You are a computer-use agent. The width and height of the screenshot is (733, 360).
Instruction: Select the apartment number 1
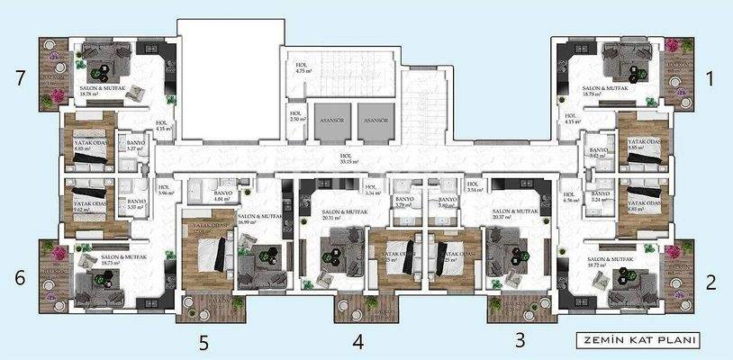(710, 79)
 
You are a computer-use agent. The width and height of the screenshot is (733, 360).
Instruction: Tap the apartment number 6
(19, 278)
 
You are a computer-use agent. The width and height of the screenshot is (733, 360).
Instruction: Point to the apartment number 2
(710, 283)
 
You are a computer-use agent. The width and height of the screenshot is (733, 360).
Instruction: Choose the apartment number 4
(358, 341)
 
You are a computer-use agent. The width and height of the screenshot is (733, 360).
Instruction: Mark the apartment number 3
(519, 339)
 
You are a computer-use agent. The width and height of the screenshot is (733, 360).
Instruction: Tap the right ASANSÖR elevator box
(376, 126)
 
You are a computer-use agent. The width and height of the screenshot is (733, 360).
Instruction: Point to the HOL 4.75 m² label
(303, 68)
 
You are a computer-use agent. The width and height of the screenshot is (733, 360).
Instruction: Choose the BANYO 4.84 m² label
(223, 196)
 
